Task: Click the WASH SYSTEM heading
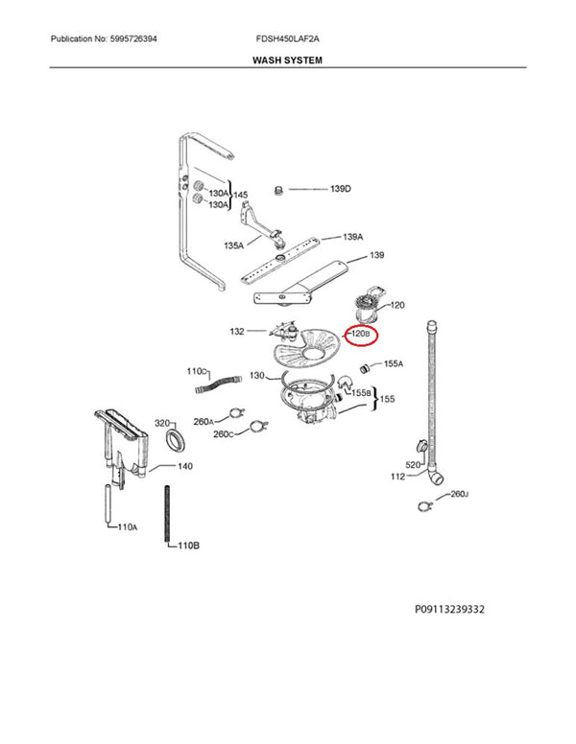[287, 59]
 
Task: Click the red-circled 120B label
[361, 334]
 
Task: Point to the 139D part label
[341, 189]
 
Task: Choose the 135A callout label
[233, 245]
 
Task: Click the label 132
[237, 332]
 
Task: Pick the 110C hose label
[197, 370]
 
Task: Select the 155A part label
[394, 364]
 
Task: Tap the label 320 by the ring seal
[162, 422]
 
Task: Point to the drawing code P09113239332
[465, 609]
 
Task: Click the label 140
[185, 467]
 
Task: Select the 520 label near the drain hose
[413, 465]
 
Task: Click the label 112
[398, 477]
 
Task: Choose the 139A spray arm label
[353, 236]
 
